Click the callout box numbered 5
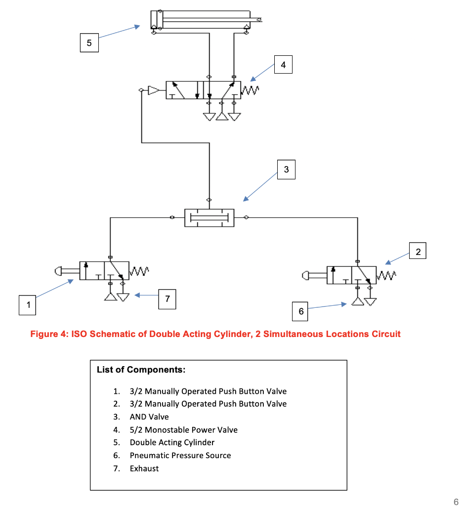[x=89, y=43]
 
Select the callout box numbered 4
[x=283, y=65]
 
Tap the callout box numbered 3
[x=286, y=170]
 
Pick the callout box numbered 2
[x=418, y=252]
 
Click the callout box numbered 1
[x=28, y=305]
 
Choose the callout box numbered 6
[x=301, y=312]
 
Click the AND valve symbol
[x=209, y=217]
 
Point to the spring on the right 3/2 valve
[x=387, y=275]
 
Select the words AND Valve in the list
[x=149, y=417]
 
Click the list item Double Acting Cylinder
[x=172, y=442]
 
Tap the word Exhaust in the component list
[x=144, y=468]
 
